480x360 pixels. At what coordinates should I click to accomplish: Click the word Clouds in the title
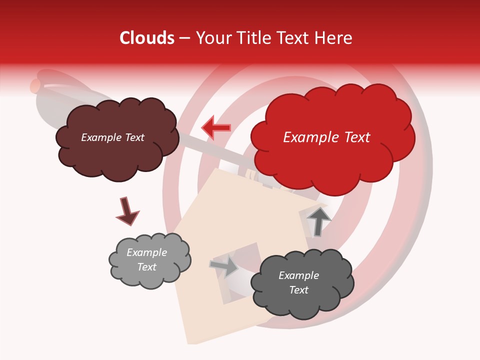147,38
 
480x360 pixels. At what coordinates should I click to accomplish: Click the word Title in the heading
251,38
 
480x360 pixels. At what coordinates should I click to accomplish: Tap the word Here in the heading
334,38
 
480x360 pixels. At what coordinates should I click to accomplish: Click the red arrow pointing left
216,127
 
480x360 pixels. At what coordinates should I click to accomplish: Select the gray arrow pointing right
224,266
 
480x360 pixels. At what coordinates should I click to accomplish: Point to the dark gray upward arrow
318,220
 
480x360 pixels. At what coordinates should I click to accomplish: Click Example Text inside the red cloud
326,137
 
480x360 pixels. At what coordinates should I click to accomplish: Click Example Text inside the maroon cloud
112,137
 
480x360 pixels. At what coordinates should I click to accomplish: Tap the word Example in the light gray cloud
146,252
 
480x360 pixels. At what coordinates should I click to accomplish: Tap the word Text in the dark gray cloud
298,290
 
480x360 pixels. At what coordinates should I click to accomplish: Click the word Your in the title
210,38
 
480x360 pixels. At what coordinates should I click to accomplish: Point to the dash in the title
184,38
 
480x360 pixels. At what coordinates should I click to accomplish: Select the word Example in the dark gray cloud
298,275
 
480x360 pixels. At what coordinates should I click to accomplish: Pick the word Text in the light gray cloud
146,267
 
